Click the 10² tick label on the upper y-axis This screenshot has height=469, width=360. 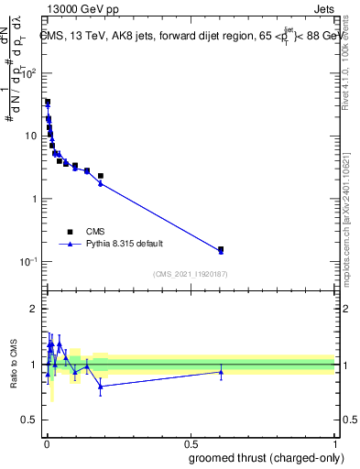29,73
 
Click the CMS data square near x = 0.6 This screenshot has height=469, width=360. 221,249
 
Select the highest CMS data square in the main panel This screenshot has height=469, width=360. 48,102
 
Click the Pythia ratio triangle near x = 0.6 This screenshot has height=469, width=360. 221,372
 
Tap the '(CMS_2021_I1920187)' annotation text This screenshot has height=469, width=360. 190,273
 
